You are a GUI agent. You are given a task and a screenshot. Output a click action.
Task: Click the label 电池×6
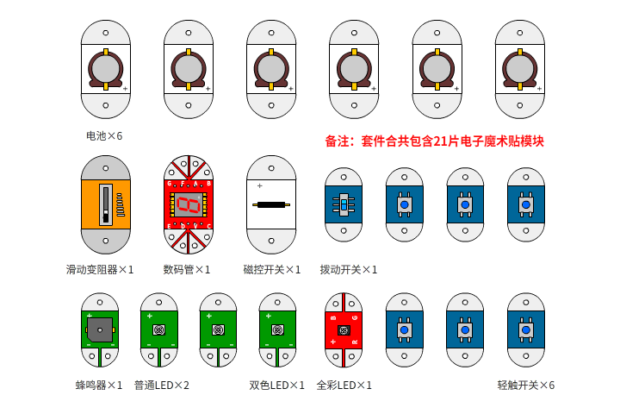pyautogui.click(x=104, y=136)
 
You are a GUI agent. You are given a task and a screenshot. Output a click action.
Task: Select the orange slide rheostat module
pyautogui.click(x=106, y=204)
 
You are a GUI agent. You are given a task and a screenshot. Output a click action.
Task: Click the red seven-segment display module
pyautogui.click(x=189, y=204)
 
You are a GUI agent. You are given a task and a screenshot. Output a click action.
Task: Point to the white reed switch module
pyautogui.click(x=271, y=204)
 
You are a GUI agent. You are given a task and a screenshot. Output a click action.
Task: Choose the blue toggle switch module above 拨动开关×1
pyautogui.click(x=344, y=204)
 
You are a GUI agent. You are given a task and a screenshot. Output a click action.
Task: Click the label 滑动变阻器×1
pyautogui.click(x=100, y=269)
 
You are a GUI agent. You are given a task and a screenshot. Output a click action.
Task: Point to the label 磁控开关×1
pyautogui.click(x=272, y=269)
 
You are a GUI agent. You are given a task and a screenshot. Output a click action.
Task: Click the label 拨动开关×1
pyautogui.click(x=349, y=269)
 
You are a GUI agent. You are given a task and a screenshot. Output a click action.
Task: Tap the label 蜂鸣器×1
pyautogui.click(x=99, y=386)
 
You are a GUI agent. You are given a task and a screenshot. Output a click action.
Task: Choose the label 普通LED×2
pyautogui.click(x=162, y=386)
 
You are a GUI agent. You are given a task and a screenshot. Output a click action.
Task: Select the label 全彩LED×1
pyautogui.click(x=344, y=386)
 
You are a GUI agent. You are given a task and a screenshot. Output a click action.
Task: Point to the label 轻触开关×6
pyautogui.click(x=526, y=386)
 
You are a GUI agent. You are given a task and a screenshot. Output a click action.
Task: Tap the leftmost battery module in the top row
pyautogui.click(x=106, y=69)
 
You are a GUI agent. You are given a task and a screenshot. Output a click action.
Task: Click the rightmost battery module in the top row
pyautogui.click(x=519, y=69)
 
